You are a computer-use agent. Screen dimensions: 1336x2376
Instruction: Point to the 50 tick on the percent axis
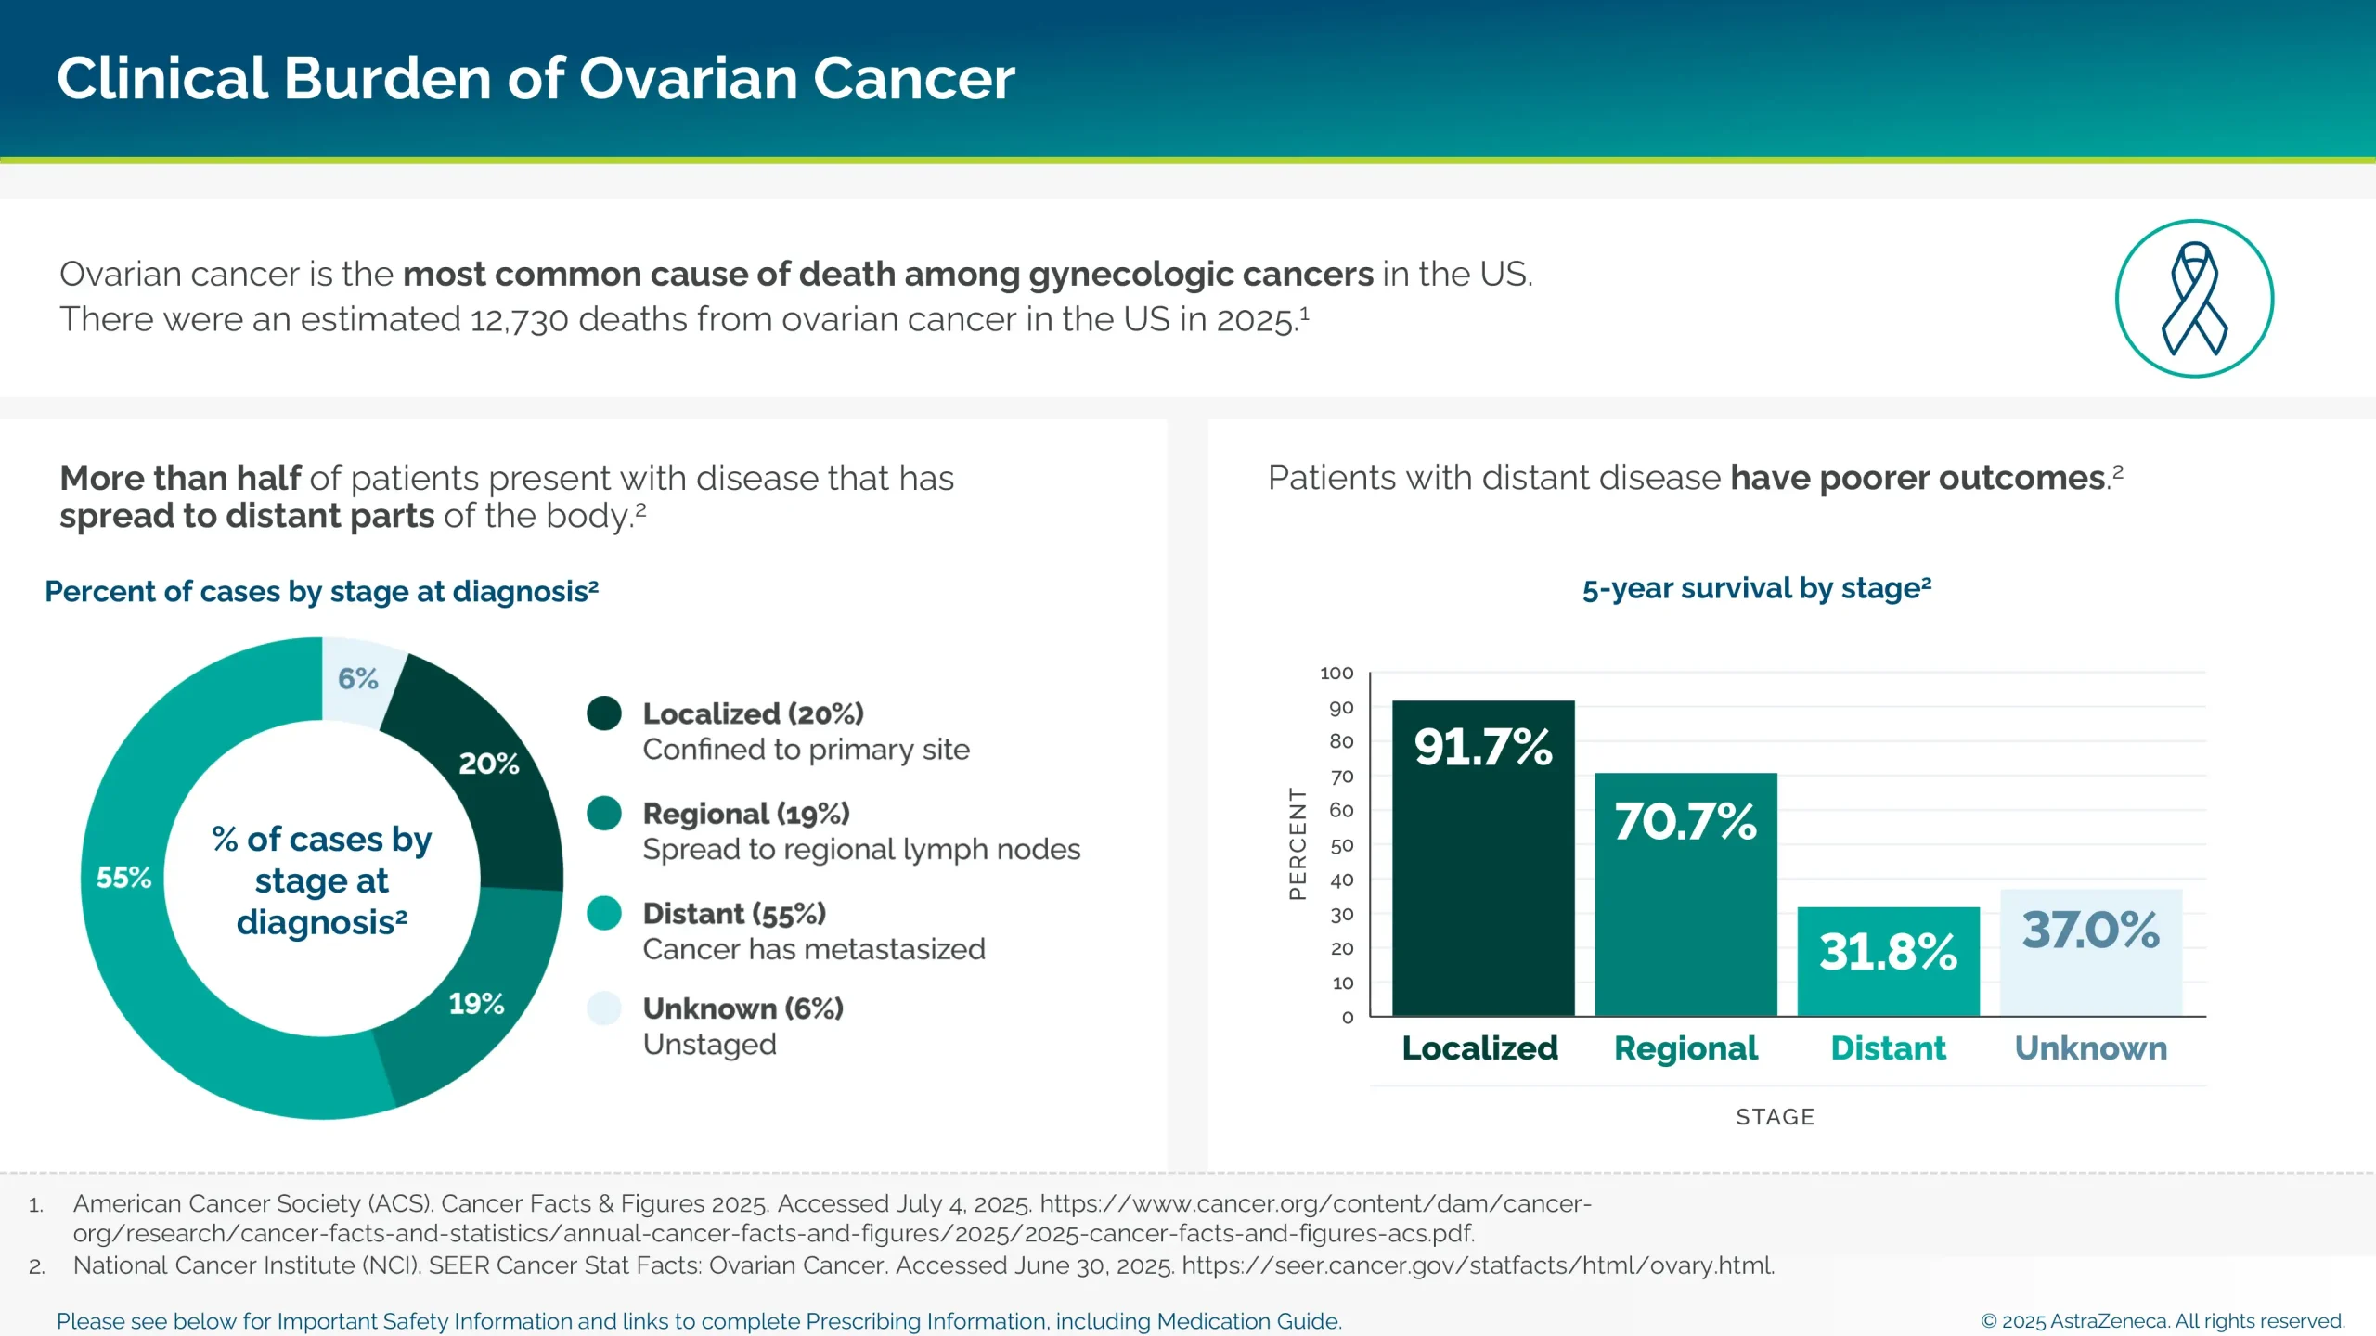pos(1341,846)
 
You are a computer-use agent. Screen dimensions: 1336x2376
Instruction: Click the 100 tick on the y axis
pos(1336,674)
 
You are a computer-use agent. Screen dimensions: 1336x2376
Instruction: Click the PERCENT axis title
pos(1298,843)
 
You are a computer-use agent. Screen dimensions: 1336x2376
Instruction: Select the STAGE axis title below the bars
pos(1775,1117)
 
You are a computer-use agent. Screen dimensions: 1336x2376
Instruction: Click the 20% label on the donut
pos(489,764)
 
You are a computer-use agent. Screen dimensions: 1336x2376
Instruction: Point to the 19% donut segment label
pos(476,1004)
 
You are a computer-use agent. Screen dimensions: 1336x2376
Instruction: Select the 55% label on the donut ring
pos(123,878)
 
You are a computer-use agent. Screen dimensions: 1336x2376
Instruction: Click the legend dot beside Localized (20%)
pos(604,713)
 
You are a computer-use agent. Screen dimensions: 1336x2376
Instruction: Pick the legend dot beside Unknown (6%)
pos(604,1008)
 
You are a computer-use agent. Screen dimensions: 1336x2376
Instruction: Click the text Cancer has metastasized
pos(814,949)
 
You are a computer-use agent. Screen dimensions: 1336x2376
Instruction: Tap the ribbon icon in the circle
pos(2194,299)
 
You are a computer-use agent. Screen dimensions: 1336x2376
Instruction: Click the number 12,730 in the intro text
pos(519,320)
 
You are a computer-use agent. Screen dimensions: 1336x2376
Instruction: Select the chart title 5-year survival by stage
pos(1756,589)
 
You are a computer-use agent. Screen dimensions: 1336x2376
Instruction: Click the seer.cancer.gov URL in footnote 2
pos(1477,1265)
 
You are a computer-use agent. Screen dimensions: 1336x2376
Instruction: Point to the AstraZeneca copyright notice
pos(2163,1321)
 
